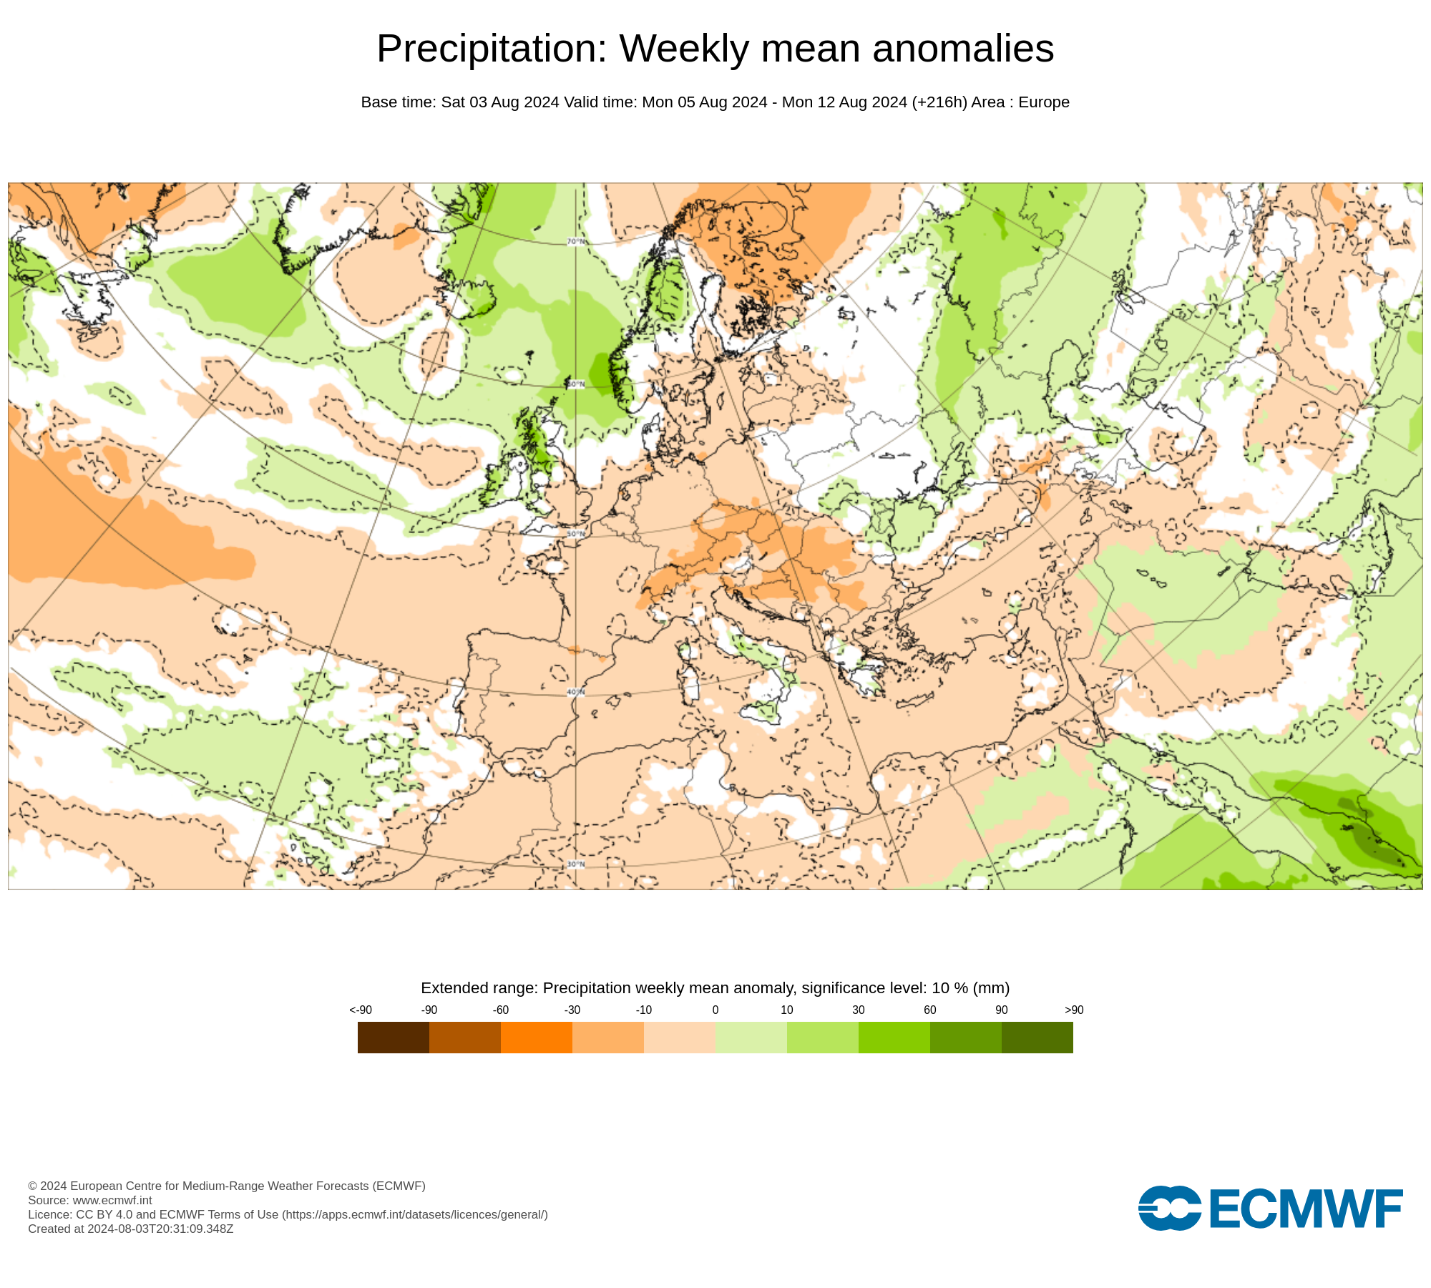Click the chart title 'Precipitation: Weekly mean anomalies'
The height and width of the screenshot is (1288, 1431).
(x=715, y=49)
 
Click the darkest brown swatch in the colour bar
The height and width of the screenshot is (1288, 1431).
(x=393, y=1037)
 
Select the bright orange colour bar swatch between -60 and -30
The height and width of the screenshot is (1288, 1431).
(x=536, y=1037)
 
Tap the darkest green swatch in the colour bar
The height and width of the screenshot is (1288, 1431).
(x=1037, y=1037)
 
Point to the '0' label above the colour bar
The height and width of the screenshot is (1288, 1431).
(x=715, y=1010)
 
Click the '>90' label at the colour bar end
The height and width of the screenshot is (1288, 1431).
(x=1073, y=1010)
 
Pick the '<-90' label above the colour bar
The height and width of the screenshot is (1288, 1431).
(x=361, y=1010)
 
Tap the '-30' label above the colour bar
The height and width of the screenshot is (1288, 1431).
(x=572, y=1010)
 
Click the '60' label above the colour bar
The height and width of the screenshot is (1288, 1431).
(x=929, y=1010)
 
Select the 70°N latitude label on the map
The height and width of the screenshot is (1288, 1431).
(x=576, y=242)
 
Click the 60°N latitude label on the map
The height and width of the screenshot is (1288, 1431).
(x=576, y=384)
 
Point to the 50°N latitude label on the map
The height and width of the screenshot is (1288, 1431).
(x=576, y=534)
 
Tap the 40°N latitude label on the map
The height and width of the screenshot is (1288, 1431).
(x=576, y=692)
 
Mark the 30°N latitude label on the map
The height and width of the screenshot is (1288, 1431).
(x=576, y=864)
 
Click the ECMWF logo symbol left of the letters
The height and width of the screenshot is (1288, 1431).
(x=1169, y=1208)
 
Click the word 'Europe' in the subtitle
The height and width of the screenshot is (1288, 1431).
(x=1043, y=102)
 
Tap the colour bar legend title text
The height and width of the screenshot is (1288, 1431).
(x=715, y=988)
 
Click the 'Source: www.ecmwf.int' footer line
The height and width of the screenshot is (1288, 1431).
(x=90, y=1200)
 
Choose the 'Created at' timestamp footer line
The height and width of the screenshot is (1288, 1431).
(x=131, y=1229)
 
